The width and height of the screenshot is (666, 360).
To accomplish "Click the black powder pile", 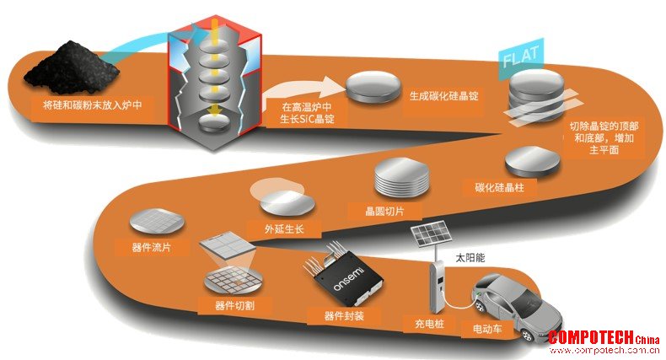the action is (72, 68).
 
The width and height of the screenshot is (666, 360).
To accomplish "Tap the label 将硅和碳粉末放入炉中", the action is (93, 105).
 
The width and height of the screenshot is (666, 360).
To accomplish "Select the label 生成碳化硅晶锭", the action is (443, 96).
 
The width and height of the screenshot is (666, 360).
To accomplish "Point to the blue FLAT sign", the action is (521, 57).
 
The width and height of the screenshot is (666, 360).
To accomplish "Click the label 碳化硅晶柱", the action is (499, 187).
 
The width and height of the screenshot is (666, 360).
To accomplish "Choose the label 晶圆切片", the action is (384, 211).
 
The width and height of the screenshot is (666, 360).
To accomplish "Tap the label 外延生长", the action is (284, 229).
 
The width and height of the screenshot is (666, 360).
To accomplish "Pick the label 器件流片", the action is (151, 247).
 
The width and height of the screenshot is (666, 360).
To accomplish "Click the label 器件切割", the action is (234, 305).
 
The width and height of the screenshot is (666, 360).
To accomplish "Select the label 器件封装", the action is (344, 316).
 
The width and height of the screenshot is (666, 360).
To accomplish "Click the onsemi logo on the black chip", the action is (348, 279).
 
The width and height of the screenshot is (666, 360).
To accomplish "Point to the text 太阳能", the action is (470, 258).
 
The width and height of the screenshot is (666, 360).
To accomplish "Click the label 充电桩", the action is (429, 324).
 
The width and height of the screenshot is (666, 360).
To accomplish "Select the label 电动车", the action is (487, 328).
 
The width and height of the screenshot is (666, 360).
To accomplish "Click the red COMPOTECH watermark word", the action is (591, 337).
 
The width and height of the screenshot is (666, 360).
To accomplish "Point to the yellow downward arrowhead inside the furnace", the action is (215, 110).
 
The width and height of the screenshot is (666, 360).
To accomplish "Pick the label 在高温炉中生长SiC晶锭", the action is (307, 113).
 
